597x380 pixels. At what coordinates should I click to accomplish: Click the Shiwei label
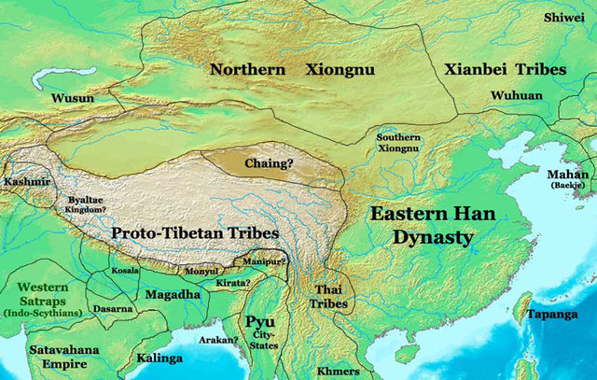(x=566, y=16)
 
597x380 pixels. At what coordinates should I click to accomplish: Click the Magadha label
(x=173, y=295)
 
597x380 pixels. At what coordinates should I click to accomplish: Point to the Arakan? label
(x=219, y=341)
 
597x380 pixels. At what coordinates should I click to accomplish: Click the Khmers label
(x=338, y=371)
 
